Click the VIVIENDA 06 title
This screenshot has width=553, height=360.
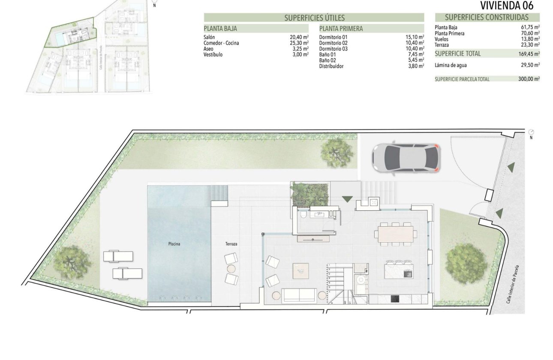tap(506, 6)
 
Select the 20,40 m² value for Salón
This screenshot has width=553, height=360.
tap(299, 38)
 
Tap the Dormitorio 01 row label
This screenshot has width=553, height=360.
tap(333, 38)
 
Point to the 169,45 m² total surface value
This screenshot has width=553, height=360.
tap(529, 54)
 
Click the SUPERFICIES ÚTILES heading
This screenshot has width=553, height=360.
tap(314, 18)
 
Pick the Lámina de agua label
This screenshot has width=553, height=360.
tap(451, 66)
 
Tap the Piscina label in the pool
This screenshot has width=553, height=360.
tap(174, 244)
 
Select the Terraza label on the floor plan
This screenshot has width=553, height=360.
tap(231, 244)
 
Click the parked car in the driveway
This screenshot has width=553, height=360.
tap(406, 157)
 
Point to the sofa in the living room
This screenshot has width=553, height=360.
tap(300, 294)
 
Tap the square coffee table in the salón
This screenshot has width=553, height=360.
tap(301, 271)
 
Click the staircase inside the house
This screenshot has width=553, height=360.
tap(339, 283)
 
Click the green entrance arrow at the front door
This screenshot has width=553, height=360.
tap(347, 199)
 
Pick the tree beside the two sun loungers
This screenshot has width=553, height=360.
tap(74, 261)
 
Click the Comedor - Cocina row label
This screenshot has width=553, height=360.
tap(221, 43)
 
